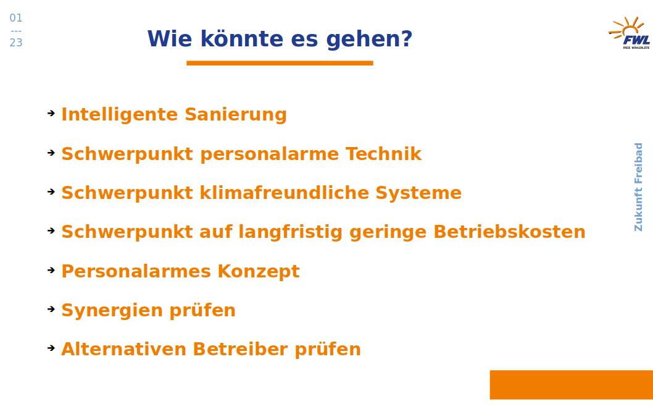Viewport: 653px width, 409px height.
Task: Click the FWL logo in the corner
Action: click(629, 33)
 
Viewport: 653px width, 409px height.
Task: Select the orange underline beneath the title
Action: click(280, 63)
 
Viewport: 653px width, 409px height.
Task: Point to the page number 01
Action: click(16, 18)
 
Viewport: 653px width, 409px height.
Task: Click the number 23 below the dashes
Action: click(16, 43)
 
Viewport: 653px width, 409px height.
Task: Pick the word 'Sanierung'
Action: click(236, 115)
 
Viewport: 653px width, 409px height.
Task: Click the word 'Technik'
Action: click(383, 154)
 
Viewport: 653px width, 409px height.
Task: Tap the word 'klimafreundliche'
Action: click(284, 193)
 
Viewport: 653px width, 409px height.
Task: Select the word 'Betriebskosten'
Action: click(509, 232)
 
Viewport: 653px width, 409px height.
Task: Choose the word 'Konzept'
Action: click(258, 271)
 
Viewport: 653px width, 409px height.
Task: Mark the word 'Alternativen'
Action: click(123, 350)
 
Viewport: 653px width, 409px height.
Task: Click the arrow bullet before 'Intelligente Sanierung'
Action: click(51, 113)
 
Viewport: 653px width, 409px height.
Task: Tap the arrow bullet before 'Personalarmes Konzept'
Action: click(51, 270)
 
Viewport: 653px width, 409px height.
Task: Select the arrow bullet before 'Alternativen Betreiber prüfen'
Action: click(51, 348)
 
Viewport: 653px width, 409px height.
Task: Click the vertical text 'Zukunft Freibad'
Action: click(638, 187)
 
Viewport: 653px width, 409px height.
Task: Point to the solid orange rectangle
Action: click(572, 384)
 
